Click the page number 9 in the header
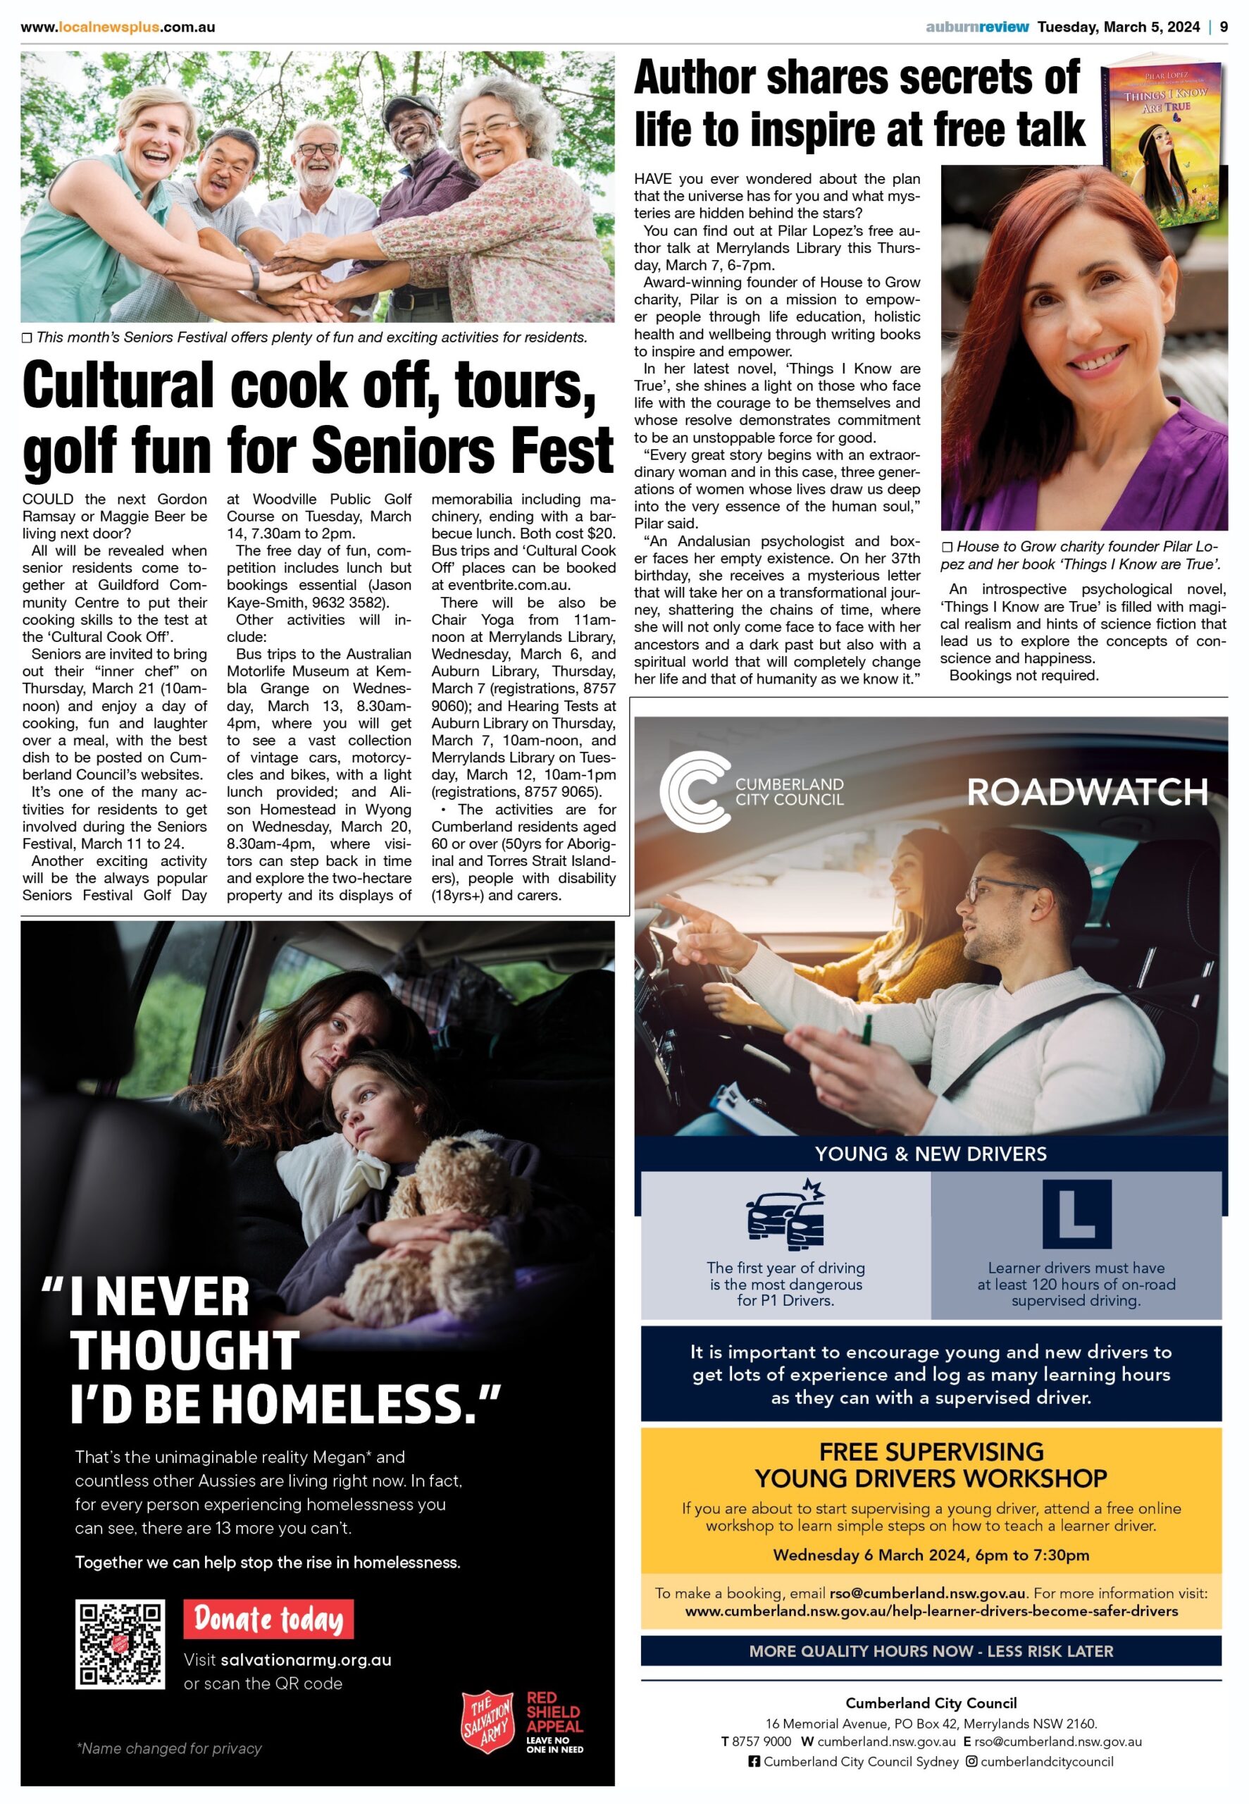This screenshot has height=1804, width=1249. (1223, 27)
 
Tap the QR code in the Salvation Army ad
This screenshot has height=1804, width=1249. (120, 1643)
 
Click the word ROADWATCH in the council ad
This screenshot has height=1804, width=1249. (1087, 792)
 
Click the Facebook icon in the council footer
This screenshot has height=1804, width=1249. (754, 1761)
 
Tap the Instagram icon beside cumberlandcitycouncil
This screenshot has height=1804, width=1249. (971, 1761)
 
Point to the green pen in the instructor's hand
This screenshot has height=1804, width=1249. (867, 1028)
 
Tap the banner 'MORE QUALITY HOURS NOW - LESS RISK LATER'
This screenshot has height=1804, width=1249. (931, 1650)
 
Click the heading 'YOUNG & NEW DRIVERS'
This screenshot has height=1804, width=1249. (931, 1154)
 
